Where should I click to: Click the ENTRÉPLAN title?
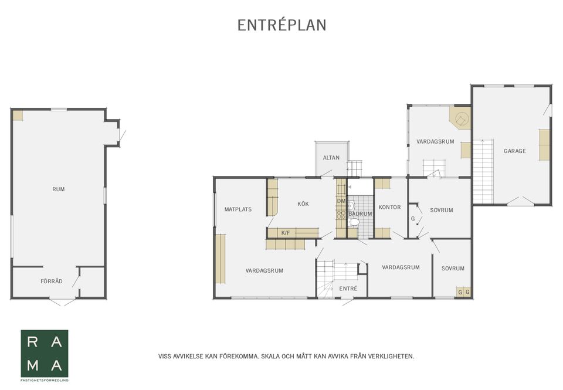pos(282,25)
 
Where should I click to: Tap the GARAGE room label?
pos(514,151)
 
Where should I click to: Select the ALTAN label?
pos(331,158)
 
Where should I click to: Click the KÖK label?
pos(303,204)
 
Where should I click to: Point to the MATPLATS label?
pos(238,209)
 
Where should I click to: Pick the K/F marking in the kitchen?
pos(286,233)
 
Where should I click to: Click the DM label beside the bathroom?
pos(341,201)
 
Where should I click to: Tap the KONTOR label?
pos(389,207)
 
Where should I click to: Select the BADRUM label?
pos(360,213)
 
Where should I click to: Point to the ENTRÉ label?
pos(348,289)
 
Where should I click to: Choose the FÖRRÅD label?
pos(52,281)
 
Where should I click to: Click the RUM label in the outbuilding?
pos(59,189)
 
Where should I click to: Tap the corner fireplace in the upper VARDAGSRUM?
pos(460,117)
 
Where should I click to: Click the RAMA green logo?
pos(45,354)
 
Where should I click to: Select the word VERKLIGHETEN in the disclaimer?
pos(394,357)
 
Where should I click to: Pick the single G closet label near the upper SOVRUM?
pos(413,218)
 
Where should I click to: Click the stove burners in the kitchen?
pos(341,215)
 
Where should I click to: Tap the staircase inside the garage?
pos(483,171)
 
